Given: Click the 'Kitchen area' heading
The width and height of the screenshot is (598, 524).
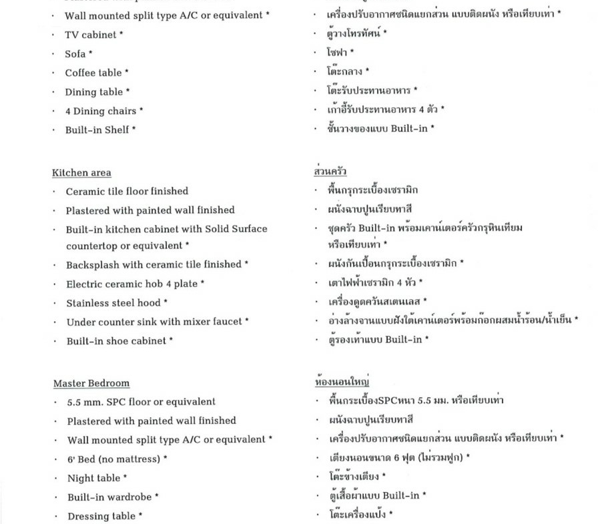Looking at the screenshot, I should [81, 173].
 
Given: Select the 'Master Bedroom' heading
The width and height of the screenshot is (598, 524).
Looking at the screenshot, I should [91, 383].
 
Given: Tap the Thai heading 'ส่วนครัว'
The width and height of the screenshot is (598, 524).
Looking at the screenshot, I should [330, 172].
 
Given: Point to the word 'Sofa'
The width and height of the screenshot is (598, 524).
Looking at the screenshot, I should [75, 54].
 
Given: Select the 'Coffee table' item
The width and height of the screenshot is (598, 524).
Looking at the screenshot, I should [93, 73].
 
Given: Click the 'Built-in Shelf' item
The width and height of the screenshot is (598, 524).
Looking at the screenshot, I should [97, 129].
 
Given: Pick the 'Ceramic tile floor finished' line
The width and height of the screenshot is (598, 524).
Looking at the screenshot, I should [127, 191].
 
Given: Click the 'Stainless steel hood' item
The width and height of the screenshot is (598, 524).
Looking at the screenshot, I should [113, 302].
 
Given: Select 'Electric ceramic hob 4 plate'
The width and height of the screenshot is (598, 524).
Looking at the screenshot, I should [131, 284].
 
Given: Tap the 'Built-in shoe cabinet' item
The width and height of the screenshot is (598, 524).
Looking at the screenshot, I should [116, 340].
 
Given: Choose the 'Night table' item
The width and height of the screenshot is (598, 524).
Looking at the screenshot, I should [93, 478].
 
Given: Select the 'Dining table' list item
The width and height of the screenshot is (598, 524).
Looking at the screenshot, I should [93, 92].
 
